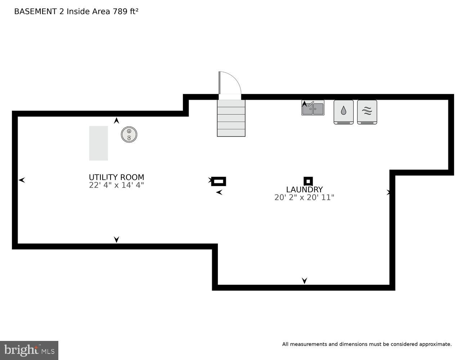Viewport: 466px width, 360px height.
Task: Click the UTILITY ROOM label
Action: (x=116, y=177)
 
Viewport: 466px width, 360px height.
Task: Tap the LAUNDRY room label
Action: (x=304, y=189)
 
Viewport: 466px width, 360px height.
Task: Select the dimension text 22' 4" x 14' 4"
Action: (x=116, y=185)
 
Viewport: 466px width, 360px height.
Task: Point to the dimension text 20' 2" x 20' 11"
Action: (x=304, y=198)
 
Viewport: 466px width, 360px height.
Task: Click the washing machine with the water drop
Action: (x=344, y=112)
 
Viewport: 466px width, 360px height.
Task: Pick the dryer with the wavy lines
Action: (x=367, y=112)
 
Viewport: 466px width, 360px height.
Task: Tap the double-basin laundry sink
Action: (x=313, y=108)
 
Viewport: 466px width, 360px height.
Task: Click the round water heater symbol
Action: (x=129, y=135)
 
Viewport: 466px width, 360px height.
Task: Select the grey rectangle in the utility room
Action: (x=98, y=143)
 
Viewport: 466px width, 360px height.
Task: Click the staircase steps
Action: (x=231, y=118)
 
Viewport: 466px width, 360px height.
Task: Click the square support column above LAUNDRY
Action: (x=308, y=181)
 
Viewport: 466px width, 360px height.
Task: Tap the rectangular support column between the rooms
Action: (x=219, y=181)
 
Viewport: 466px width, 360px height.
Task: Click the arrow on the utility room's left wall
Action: (x=22, y=180)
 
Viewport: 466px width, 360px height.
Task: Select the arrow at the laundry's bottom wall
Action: (x=304, y=281)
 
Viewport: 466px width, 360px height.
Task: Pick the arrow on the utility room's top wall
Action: (x=116, y=121)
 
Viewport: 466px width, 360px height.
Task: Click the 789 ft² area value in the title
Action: (x=126, y=11)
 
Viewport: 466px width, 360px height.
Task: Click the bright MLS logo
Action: (x=29, y=350)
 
